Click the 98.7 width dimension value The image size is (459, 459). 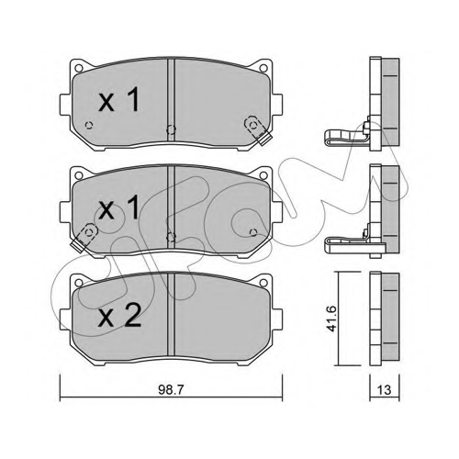[x=171, y=390]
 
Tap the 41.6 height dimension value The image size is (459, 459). [x=331, y=319]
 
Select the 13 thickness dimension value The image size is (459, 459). [x=384, y=390]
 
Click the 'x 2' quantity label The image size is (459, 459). [x=119, y=316]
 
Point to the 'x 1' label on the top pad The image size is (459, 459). [x=119, y=99]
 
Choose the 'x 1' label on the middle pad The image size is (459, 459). [x=119, y=207]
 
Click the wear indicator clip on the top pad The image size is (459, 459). [x=258, y=130]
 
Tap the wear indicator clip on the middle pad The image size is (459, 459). [x=84, y=238]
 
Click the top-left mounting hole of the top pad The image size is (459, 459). [x=79, y=68]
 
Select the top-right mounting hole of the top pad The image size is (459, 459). [x=263, y=68]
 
